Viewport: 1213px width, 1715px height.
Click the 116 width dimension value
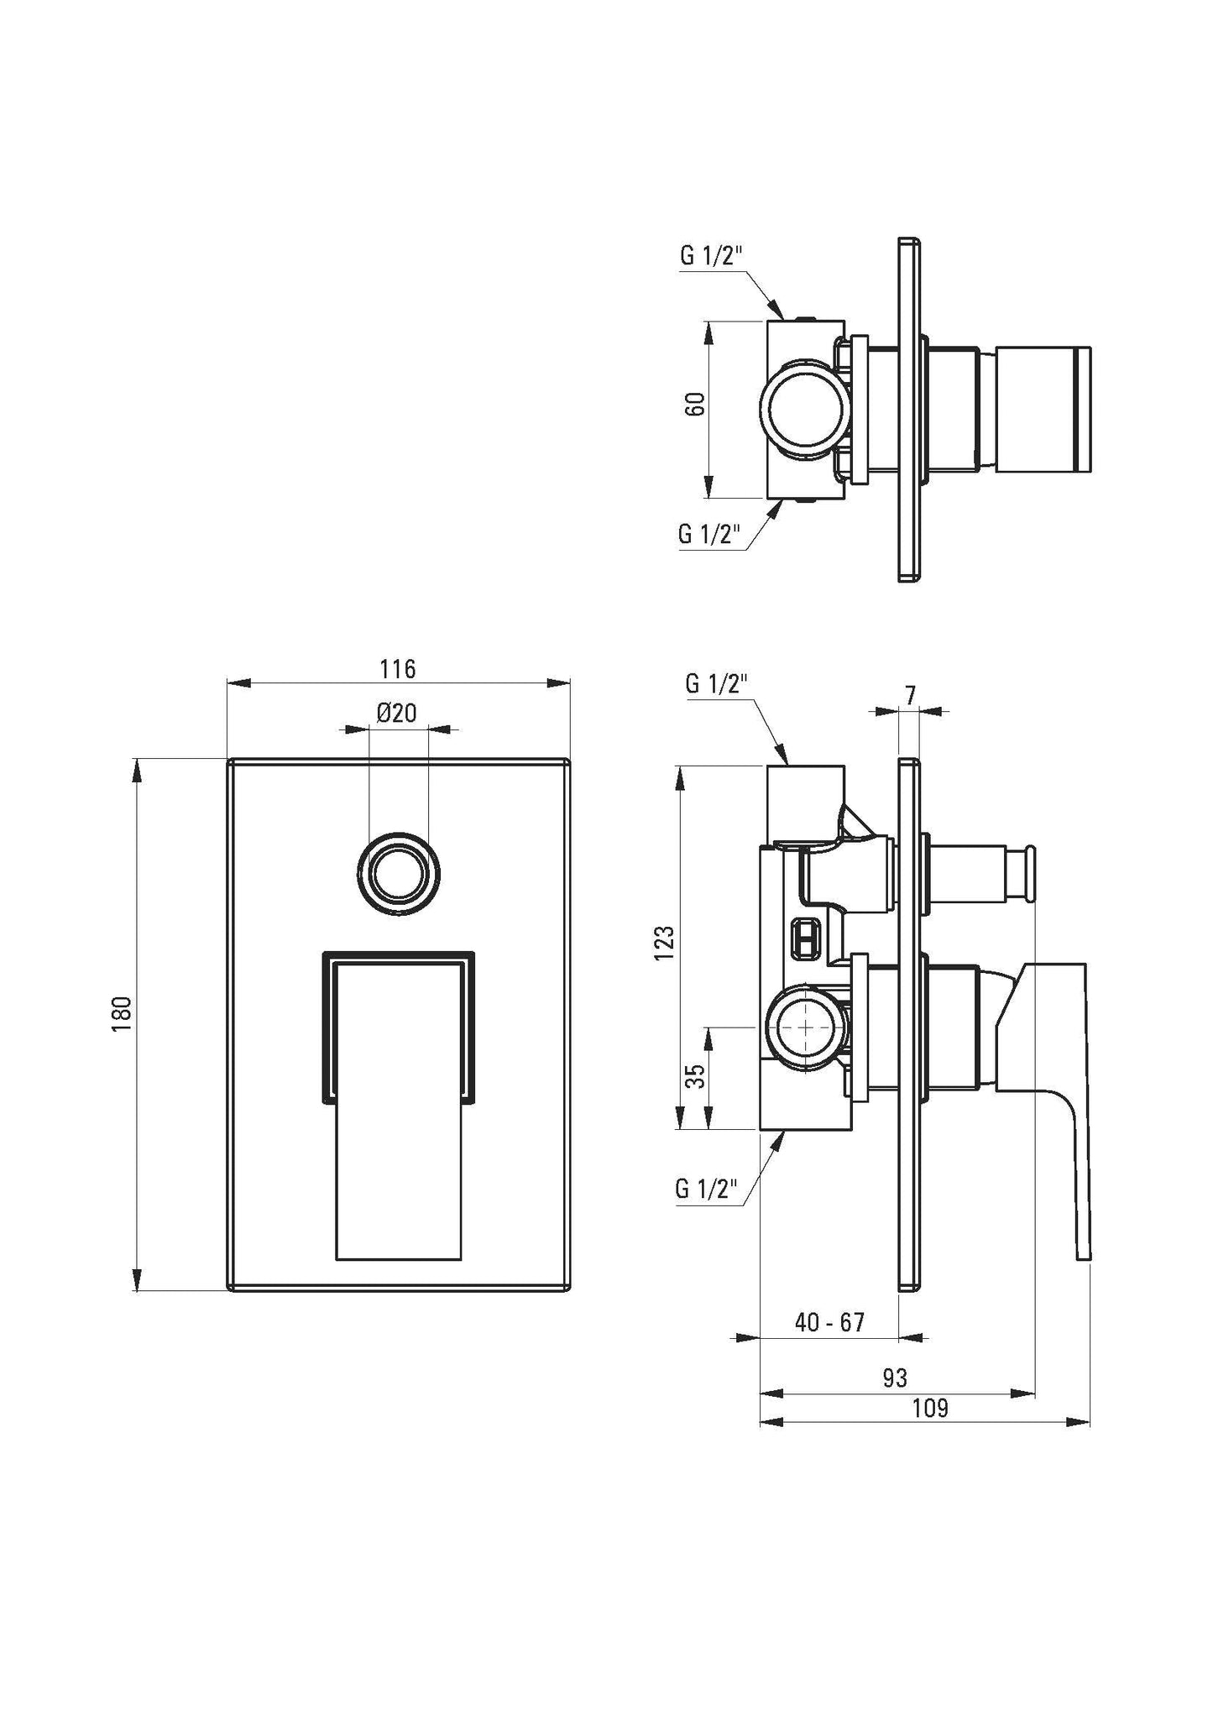(x=397, y=669)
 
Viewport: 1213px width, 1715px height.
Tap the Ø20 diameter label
(x=397, y=714)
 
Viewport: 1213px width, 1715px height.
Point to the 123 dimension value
(x=665, y=944)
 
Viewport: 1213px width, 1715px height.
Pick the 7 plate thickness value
(x=911, y=694)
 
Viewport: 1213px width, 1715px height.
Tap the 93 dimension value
(x=895, y=1378)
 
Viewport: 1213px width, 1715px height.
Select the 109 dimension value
(x=929, y=1408)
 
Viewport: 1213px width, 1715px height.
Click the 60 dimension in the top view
(x=695, y=405)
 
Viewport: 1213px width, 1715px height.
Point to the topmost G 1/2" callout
(x=711, y=257)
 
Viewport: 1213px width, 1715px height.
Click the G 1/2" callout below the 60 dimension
(x=710, y=535)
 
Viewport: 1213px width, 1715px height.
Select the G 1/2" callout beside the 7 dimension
(x=716, y=684)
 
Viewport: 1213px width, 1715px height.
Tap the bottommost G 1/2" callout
(x=706, y=1190)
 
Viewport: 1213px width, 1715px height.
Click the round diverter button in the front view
(x=398, y=876)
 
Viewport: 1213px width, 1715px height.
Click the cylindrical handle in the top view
(x=1041, y=410)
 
